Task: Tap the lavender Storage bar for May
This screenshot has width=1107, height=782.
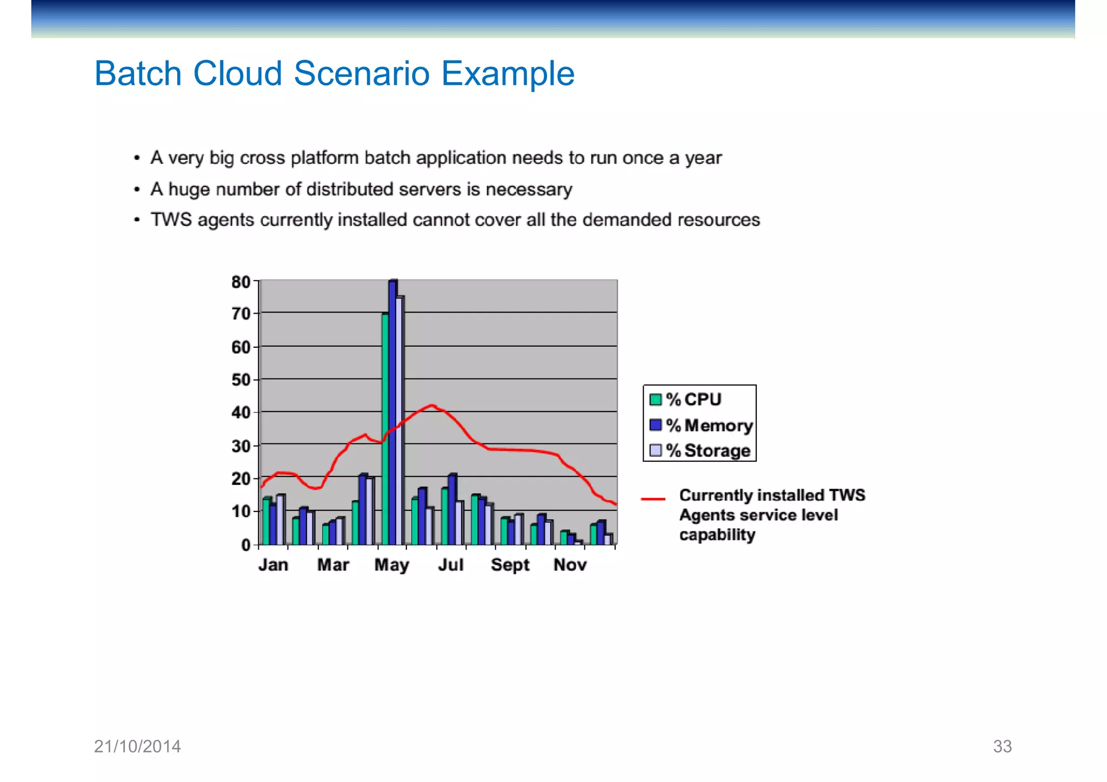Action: (x=399, y=421)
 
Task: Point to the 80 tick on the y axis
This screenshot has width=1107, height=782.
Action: (x=241, y=282)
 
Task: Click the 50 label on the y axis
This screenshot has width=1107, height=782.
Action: (x=241, y=380)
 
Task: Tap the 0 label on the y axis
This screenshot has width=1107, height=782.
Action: (x=246, y=545)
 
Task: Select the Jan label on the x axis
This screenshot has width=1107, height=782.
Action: (x=273, y=565)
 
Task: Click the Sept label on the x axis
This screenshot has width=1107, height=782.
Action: (x=510, y=565)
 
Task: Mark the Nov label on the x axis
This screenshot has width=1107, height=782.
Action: (x=570, y=565)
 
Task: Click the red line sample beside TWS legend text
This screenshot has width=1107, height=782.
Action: (x=653, y=498)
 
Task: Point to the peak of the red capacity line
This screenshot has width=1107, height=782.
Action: (x=431, y=405)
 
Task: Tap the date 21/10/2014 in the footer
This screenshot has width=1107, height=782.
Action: (x=137, y=746)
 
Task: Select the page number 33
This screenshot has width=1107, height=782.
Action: (x=1002, y=746)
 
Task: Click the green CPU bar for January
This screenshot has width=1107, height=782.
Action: (x=266, y=521)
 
